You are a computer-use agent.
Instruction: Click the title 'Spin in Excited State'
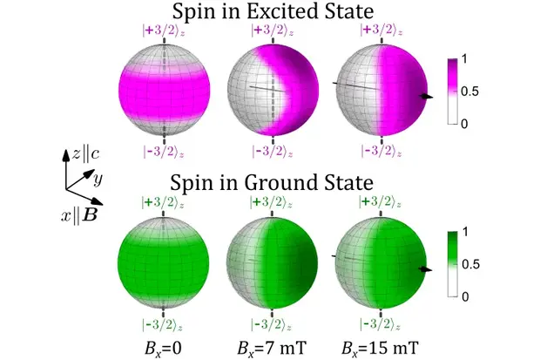(273, 11)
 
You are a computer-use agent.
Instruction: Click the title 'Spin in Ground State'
(272, 184)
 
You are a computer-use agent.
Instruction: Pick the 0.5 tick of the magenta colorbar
(471, 91)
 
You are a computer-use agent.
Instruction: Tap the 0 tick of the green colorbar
(468, 296)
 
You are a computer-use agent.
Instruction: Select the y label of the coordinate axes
(99, 180)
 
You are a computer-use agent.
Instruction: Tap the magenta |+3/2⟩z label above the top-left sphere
(164, 30)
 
